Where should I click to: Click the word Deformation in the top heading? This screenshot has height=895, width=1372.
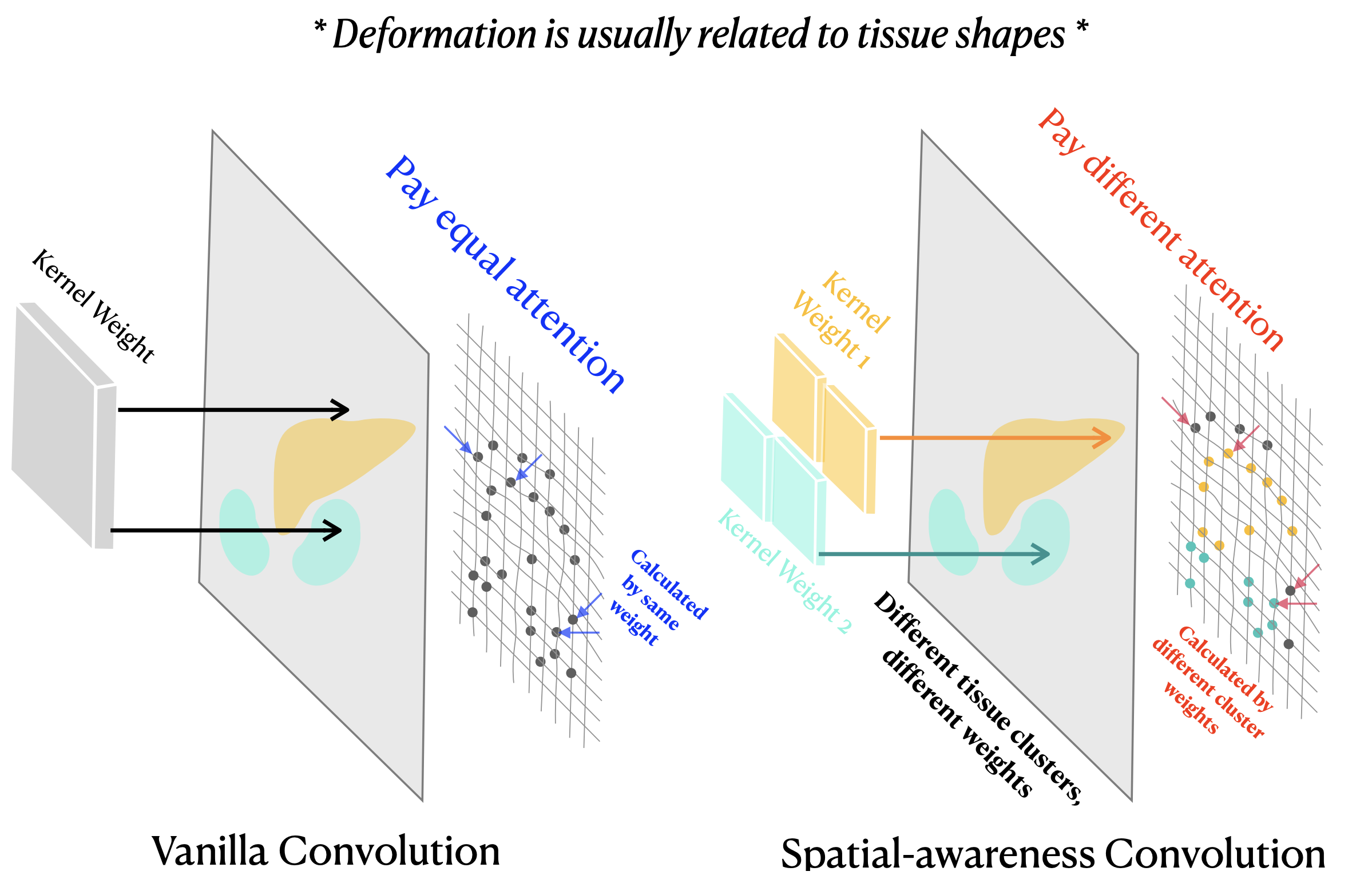tap(435, 34)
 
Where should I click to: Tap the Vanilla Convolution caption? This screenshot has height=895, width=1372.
tap(326, 851)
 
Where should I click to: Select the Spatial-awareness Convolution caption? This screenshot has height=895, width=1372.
tap(1053, 854)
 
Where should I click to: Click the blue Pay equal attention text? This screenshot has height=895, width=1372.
tap(505, 275)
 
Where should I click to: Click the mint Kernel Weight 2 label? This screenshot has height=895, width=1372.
tap(784, 571)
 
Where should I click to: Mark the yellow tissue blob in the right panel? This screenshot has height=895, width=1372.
tap(1032, 461)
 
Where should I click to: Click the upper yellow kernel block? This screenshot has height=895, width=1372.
tap(795, 398)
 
